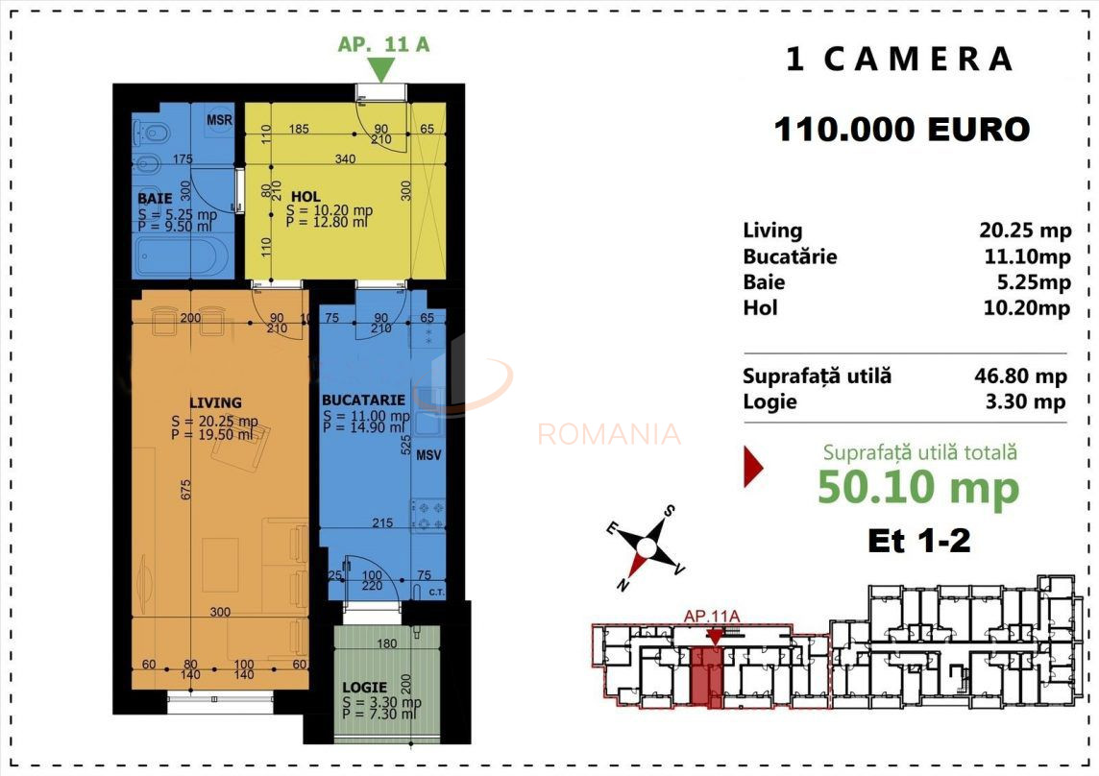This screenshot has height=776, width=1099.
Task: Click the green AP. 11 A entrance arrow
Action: click(381, 69)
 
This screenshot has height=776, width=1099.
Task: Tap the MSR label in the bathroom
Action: click(220, 120)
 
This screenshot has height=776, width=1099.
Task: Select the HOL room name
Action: click(305, 197)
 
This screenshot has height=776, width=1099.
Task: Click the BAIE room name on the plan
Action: click(154, 199)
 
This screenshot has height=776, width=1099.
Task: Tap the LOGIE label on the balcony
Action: click(364, 688)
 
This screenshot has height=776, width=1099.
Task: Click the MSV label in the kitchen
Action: click(428, 455)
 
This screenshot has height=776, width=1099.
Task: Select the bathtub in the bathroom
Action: click(182, 257)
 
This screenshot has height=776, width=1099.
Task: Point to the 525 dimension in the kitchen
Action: click(406, 444)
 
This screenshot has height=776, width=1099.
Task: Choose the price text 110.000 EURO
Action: click(901, 129)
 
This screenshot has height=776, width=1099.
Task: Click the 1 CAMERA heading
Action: click(900, 60)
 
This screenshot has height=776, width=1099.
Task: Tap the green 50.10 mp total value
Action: click(917, 488)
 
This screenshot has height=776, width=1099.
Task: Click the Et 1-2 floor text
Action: click(918, 541)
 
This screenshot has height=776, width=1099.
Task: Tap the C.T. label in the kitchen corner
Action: click(434, 592)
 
